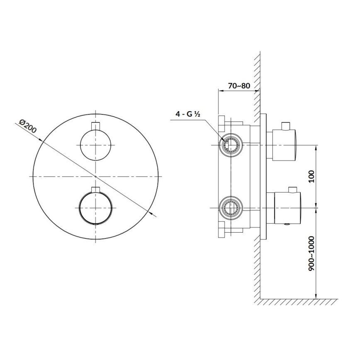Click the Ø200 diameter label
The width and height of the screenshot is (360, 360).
28,126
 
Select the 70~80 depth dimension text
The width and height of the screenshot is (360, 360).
239,86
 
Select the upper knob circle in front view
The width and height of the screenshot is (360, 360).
96,144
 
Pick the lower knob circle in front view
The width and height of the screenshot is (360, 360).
96,207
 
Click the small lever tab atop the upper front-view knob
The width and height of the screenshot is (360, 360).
96,126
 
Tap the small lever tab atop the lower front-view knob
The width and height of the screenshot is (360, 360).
96,190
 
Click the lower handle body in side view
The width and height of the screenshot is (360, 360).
286,207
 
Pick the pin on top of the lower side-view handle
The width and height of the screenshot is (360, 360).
293,190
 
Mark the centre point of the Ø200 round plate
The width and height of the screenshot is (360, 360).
96,176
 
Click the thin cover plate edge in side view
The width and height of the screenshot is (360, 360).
263,176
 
